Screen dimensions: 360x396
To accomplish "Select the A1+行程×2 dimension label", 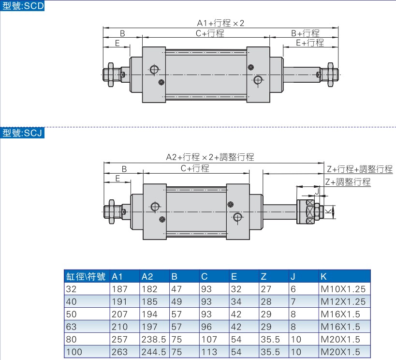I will point(220,23).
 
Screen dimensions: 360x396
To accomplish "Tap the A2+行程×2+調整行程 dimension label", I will point(210,157).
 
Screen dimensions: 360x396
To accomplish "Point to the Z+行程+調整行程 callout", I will point(359,169).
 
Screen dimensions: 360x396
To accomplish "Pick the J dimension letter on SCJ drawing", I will point(317,191).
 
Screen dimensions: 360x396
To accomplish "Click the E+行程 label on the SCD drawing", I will point(309,43).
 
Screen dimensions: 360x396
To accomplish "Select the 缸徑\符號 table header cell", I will point(86,276).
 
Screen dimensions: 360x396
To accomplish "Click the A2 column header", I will point(147,276).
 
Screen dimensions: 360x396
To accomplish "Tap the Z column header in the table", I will point(264,276).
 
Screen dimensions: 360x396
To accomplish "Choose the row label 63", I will point(72,327).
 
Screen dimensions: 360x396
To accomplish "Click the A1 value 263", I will point(119,352).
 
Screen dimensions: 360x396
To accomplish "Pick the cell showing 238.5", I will point(153,339).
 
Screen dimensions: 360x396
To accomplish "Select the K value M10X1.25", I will point(343,289).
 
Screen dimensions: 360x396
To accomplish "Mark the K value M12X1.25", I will point(343,301).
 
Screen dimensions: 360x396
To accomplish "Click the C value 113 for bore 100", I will point(209,352).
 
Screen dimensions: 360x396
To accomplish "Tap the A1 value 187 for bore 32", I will point(119,289).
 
